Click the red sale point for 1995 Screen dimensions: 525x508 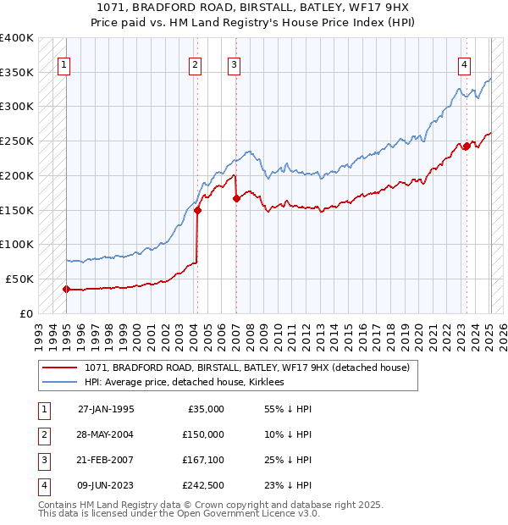pyautogui.click(x=66, y=289)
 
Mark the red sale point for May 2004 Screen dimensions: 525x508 pyautogui.click(x=197, y=210)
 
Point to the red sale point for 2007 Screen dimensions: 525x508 pyautogui.click(x=236, y=198)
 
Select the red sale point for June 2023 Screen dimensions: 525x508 pyautogui.click(x=467, y=146)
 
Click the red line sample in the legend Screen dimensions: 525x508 pyautogui.click(x=61, y=367)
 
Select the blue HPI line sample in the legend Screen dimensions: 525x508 pyautogui.click(x=61, y=382)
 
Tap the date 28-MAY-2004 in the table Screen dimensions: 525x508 pyautogui.click(x=106, y=434)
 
